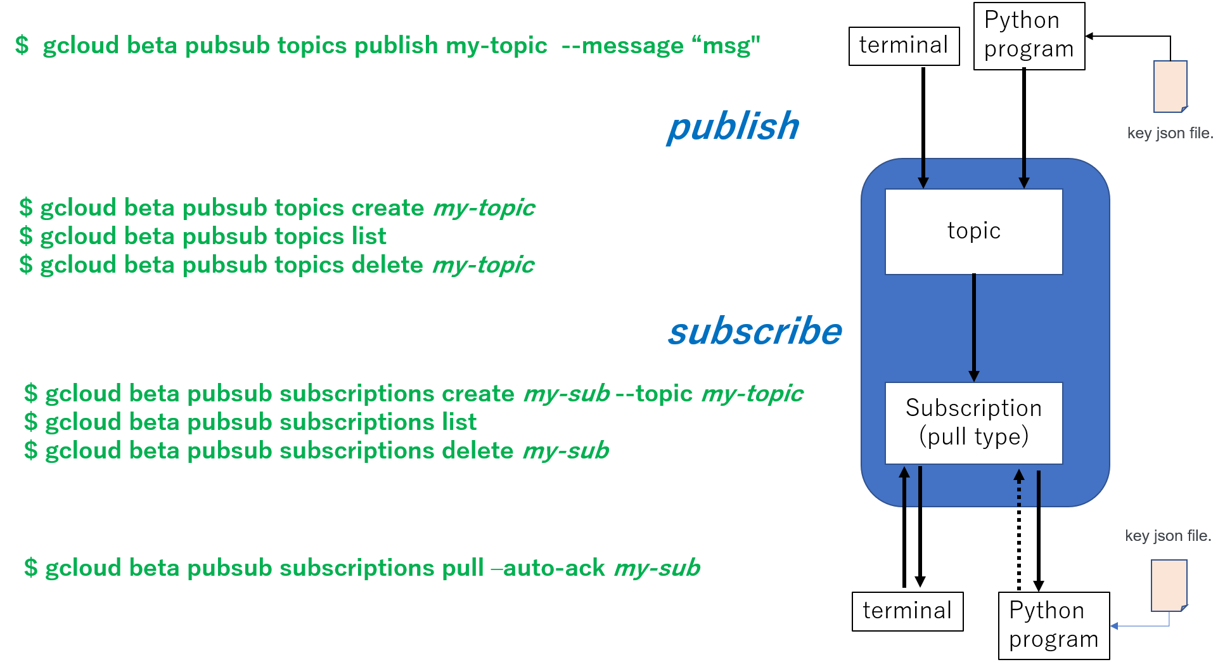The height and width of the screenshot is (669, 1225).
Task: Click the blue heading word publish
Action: click(733, 126)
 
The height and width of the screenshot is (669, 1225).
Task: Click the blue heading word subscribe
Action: click(755, 331)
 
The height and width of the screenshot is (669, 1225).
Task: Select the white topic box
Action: click(973, 231)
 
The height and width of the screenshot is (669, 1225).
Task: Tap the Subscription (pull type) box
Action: click(973, 422)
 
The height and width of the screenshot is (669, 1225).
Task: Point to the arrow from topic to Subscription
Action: click(974, 327)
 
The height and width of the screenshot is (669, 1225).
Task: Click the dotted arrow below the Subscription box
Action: click(1019, 488)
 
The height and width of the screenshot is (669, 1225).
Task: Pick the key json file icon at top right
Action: click(1170, 86)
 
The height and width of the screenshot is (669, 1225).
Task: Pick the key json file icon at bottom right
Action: click(1169, 585)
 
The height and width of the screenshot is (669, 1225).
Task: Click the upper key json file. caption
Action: click(1169, 133)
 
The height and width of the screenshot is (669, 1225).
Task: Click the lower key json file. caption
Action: click(1167, 536)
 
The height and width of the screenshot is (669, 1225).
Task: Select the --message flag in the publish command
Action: click(622, 46)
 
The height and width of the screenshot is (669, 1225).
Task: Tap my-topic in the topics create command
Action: click(484, 208)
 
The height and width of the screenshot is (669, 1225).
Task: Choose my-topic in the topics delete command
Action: click(483, 265)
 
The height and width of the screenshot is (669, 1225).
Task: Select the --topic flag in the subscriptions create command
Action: click(655, 394)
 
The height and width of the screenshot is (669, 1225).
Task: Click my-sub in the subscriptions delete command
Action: click(566, 451)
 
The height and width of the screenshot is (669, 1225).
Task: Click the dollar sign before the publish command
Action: click(22, 45)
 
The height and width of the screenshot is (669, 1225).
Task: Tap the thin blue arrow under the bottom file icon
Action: click(1141, 626)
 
